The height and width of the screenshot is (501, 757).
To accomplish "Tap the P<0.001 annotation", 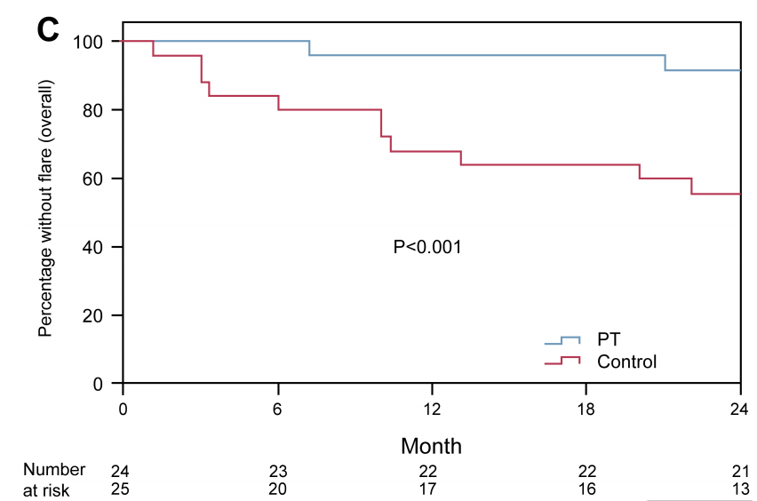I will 426,247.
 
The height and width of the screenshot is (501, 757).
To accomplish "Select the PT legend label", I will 609,340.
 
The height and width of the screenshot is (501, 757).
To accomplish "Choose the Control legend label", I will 626,362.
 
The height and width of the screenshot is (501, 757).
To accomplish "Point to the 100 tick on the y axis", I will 93,42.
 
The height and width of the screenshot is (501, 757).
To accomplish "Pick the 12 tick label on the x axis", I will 432,409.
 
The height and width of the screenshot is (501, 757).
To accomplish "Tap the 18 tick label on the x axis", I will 586,409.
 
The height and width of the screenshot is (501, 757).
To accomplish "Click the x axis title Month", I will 431,446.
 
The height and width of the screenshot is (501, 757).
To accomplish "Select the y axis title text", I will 45,208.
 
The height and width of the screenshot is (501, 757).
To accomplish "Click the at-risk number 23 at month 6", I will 278,470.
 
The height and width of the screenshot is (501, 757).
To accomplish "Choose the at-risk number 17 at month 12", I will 432,489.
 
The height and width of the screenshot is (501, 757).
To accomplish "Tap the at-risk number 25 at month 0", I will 119,489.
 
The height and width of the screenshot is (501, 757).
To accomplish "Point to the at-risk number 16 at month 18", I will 586,489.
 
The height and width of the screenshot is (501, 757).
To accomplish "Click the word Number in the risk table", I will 54,470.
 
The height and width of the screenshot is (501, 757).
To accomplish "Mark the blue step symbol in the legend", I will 562,339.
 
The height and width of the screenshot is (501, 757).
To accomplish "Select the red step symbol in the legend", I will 562,361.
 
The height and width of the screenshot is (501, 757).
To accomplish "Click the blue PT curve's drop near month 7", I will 309,48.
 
